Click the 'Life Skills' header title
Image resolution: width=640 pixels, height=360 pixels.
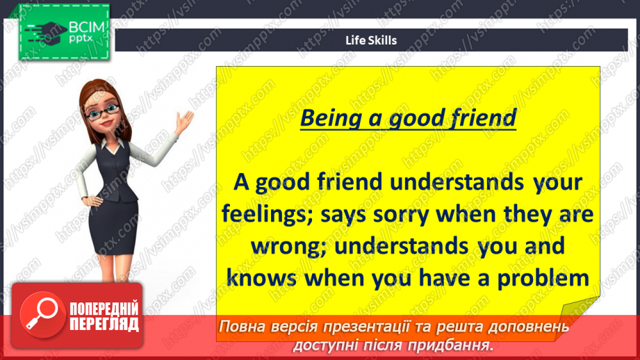pos(371,40)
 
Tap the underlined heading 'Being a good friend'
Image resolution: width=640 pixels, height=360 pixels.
pos(408,118)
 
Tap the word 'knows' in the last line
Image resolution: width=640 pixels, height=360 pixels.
pos(262,279)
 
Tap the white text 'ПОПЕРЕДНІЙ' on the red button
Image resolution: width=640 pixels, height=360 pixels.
pos(104,309)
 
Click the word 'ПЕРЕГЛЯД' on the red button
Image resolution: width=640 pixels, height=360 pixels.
pos(104,324)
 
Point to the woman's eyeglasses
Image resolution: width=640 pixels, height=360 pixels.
pos(103,112)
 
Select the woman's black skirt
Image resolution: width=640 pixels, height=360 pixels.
pos(113,227)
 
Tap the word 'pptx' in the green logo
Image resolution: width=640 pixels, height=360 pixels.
pos(81,39)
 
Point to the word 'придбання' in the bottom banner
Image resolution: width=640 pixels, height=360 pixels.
pos(449,345)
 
